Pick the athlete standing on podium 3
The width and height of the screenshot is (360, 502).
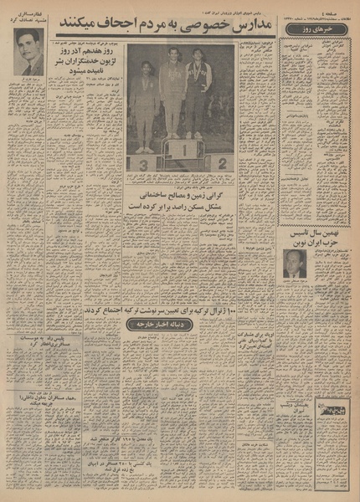(x=143, y=105)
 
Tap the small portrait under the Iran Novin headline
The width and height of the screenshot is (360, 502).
(x=293, y=263)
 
